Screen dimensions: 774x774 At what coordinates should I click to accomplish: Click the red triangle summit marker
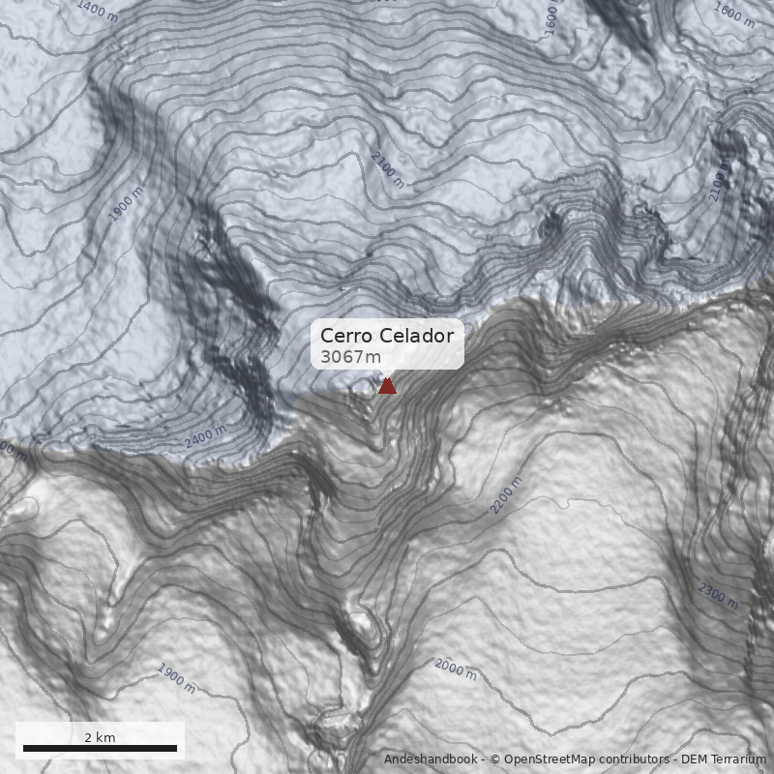point(387,386)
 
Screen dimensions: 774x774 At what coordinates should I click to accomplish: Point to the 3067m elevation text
point(350,357)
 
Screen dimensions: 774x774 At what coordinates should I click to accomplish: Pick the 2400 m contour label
point(205,436)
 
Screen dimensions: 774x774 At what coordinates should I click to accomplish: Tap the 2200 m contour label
point(507,494)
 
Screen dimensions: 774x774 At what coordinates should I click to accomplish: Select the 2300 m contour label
point(718,596)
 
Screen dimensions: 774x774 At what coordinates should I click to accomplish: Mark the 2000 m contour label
point(455,669)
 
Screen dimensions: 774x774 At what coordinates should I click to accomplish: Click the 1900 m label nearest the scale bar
point(176,678)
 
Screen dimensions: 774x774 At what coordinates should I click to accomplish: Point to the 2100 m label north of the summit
point(387,169)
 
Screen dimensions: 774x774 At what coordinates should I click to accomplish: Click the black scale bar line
point(100,748)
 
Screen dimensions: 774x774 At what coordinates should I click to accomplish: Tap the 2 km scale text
point(100,737)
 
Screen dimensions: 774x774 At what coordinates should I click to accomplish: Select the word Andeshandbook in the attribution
point(431,759)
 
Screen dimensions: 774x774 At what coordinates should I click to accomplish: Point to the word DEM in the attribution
point(696,759)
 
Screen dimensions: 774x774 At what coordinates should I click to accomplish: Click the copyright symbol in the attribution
point(495,759)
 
